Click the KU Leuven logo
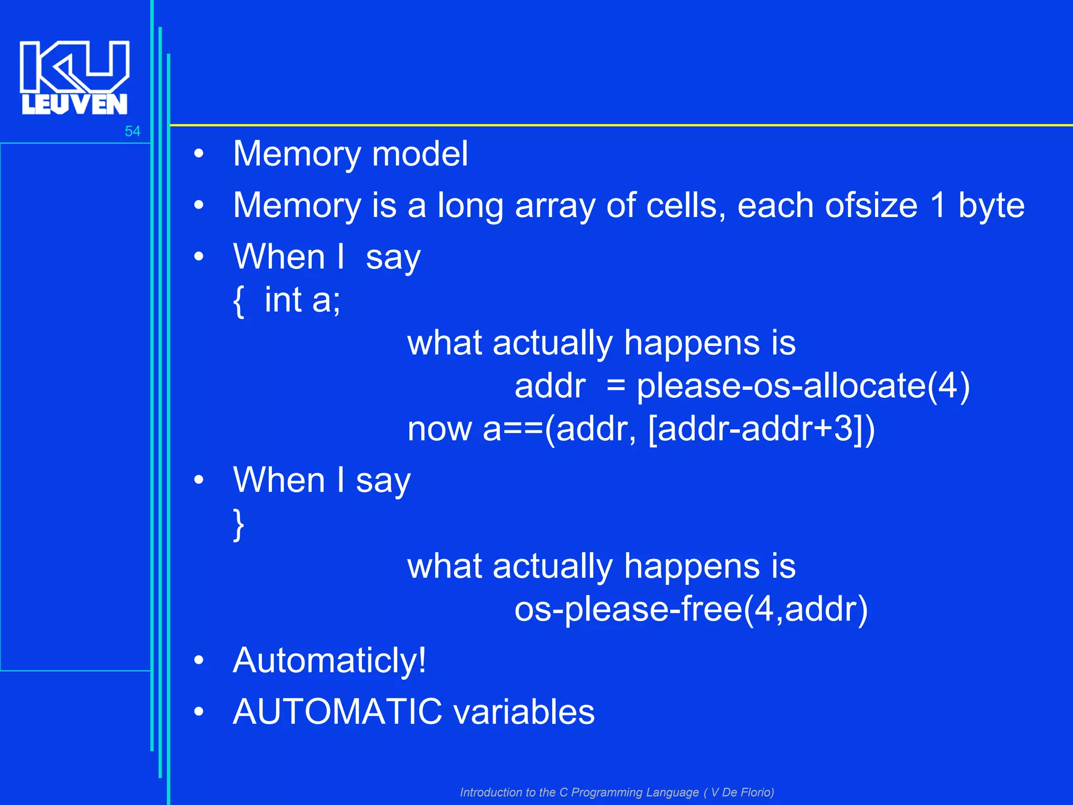74,78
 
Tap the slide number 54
133,131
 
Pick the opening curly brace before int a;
238,301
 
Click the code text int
283,300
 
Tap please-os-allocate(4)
803,387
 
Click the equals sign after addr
616,387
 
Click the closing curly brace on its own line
238,524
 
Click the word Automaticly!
330,660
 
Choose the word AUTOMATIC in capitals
337,712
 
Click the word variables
524,712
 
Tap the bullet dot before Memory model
199,154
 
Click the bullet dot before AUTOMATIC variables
199,712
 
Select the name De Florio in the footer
747,792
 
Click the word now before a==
440,430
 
